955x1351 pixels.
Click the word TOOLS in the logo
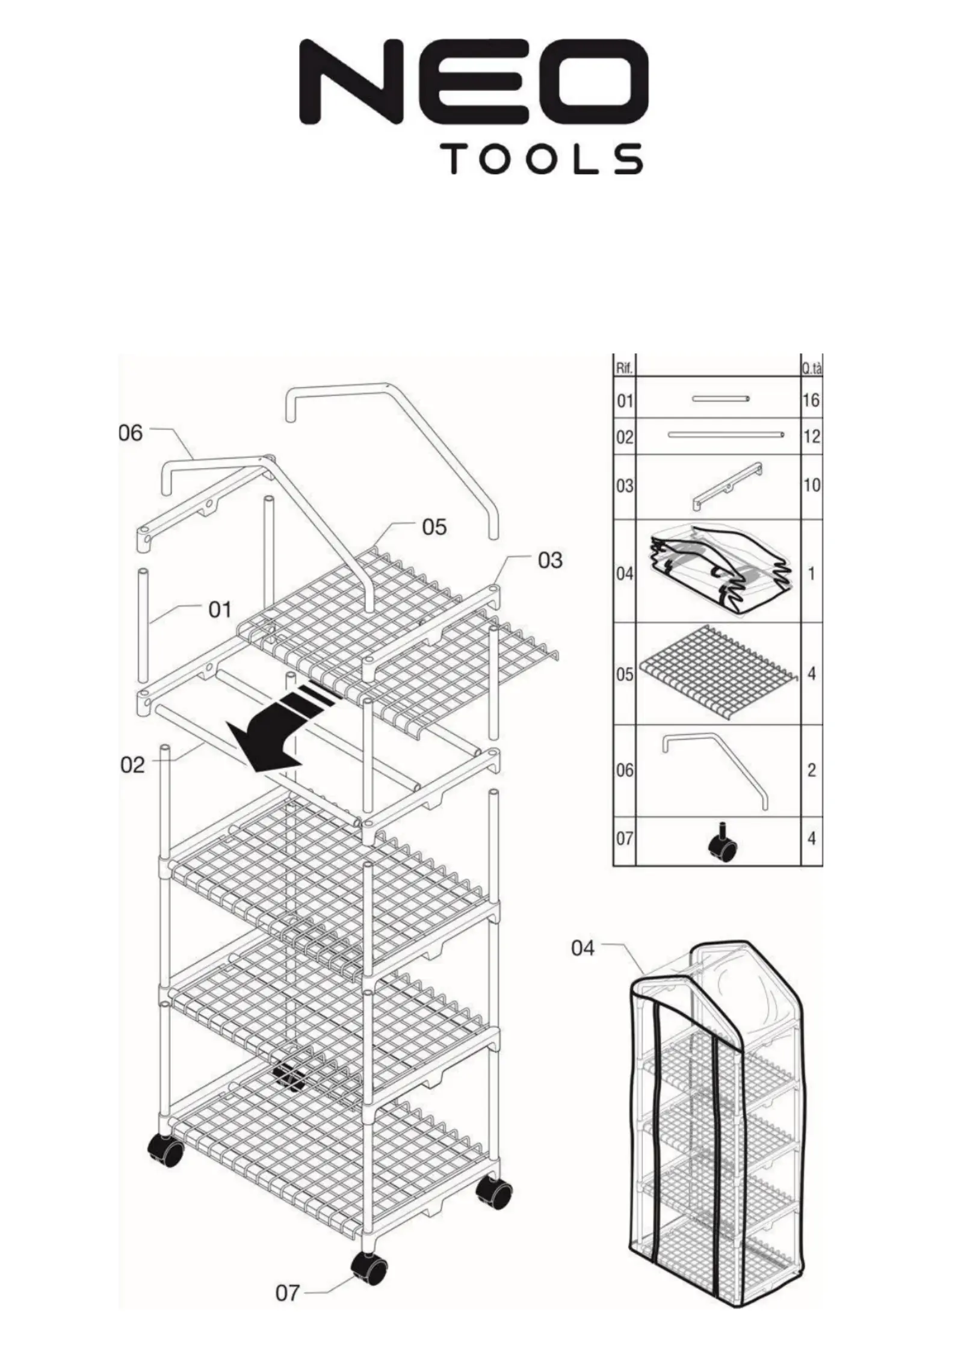(545, 159)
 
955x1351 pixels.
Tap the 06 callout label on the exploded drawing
(131, 433)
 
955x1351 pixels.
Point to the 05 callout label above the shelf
(434, 527)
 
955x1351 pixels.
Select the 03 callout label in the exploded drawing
(550, 560)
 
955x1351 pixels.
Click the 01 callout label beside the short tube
(220, 610)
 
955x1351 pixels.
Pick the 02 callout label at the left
(132, 765)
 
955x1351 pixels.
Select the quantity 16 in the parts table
(811, 400)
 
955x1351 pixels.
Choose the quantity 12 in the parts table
(811, 436)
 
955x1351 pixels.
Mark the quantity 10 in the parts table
(811, 484)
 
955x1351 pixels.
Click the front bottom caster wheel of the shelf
(368, 1269)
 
